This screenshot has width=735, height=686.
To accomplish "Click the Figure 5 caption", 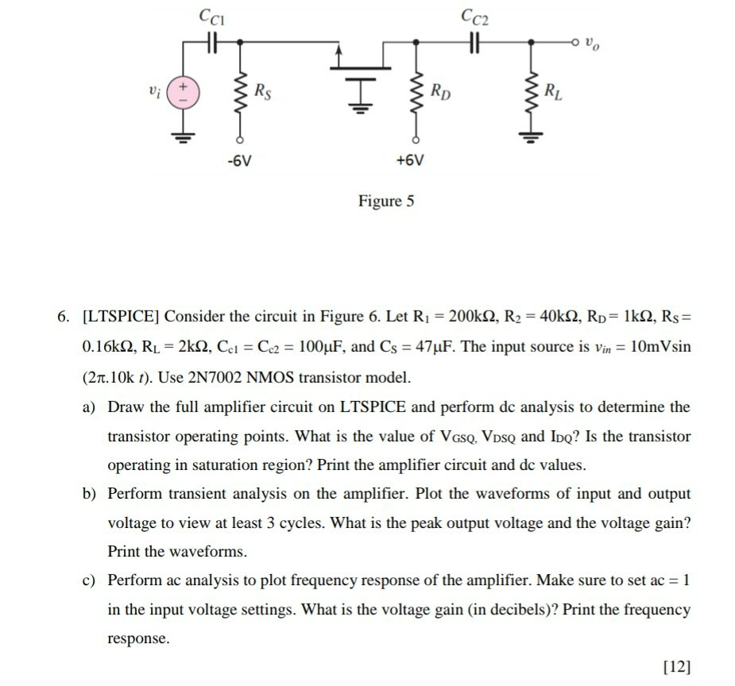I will click(386, 201).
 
